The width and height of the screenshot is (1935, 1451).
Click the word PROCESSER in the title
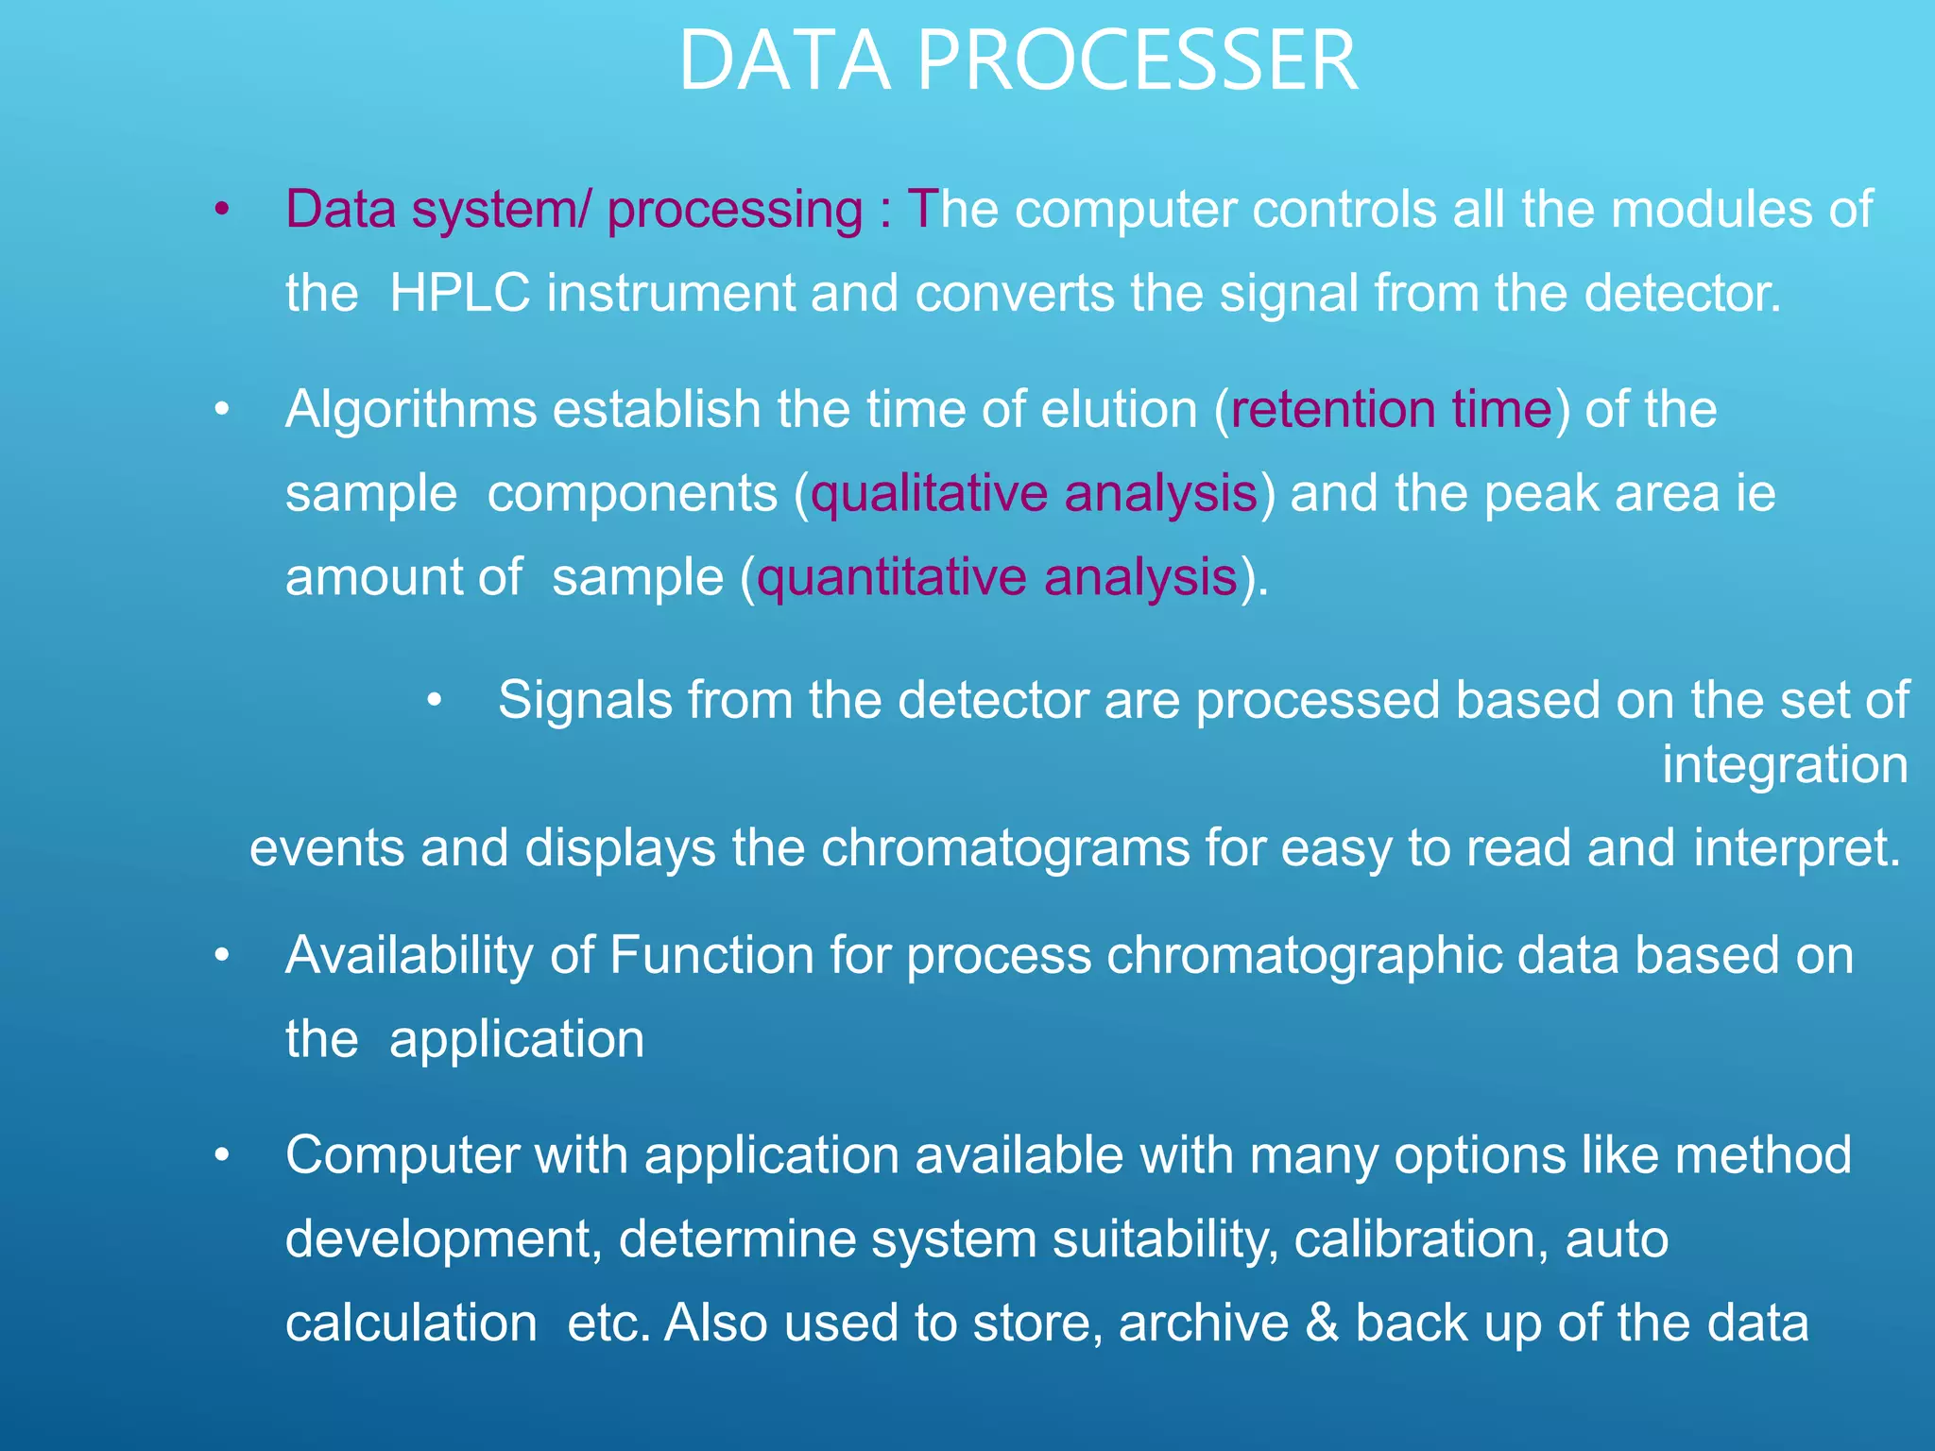(1138, 61)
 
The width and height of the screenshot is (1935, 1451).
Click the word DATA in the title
(784, 61)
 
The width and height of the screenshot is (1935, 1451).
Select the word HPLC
(459, 293)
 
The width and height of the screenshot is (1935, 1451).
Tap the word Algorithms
(411, 410)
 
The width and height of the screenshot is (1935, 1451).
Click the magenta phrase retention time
(1392, 410)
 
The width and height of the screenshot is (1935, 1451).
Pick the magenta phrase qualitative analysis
(1035, 494)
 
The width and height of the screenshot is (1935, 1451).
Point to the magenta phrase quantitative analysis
(997, 577)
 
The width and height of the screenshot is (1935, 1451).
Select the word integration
(1785, 764)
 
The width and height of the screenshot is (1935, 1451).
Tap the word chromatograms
(1004, 847)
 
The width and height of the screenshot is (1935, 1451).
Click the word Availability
(409, 955)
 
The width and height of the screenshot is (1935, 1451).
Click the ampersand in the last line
(1321, 1323)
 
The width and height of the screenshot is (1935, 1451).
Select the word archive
(1203, 1323)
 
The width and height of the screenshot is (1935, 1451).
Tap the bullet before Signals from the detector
(434, 701)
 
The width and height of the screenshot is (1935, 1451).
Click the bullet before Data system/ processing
(221, 210)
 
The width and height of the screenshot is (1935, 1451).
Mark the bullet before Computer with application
(221, 1155)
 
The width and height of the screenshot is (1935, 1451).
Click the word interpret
(1796, 847)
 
